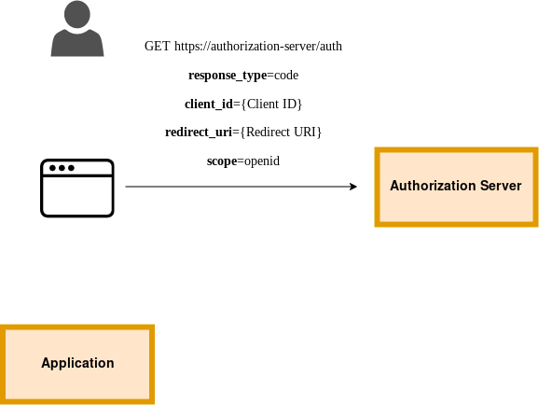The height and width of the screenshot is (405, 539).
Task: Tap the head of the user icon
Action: point(77,14)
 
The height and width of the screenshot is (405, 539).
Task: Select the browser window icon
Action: point(77,188)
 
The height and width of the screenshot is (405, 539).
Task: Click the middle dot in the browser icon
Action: point(62,168)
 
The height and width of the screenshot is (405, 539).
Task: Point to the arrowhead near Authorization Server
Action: point(353,187)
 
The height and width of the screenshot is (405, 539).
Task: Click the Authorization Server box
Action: point(456,187)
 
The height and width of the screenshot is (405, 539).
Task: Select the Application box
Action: point(77,364)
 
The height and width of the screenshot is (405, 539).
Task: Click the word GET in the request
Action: point(157,46)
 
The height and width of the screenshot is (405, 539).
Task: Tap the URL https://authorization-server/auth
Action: point(258,46)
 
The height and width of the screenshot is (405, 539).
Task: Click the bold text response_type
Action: point(228,76)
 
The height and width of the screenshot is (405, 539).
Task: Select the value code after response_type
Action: point(286,75)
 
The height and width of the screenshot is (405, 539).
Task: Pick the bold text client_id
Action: point(209,104)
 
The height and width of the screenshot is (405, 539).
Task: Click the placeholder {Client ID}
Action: point(271,104)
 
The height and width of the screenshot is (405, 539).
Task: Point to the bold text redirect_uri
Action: point(199,133)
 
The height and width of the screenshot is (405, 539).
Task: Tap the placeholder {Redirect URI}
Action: point(281,133)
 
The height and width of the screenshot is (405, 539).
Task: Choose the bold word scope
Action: point(222,161)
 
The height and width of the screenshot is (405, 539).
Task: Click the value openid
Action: point(262,161)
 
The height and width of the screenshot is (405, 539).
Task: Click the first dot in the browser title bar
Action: point(52,168)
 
